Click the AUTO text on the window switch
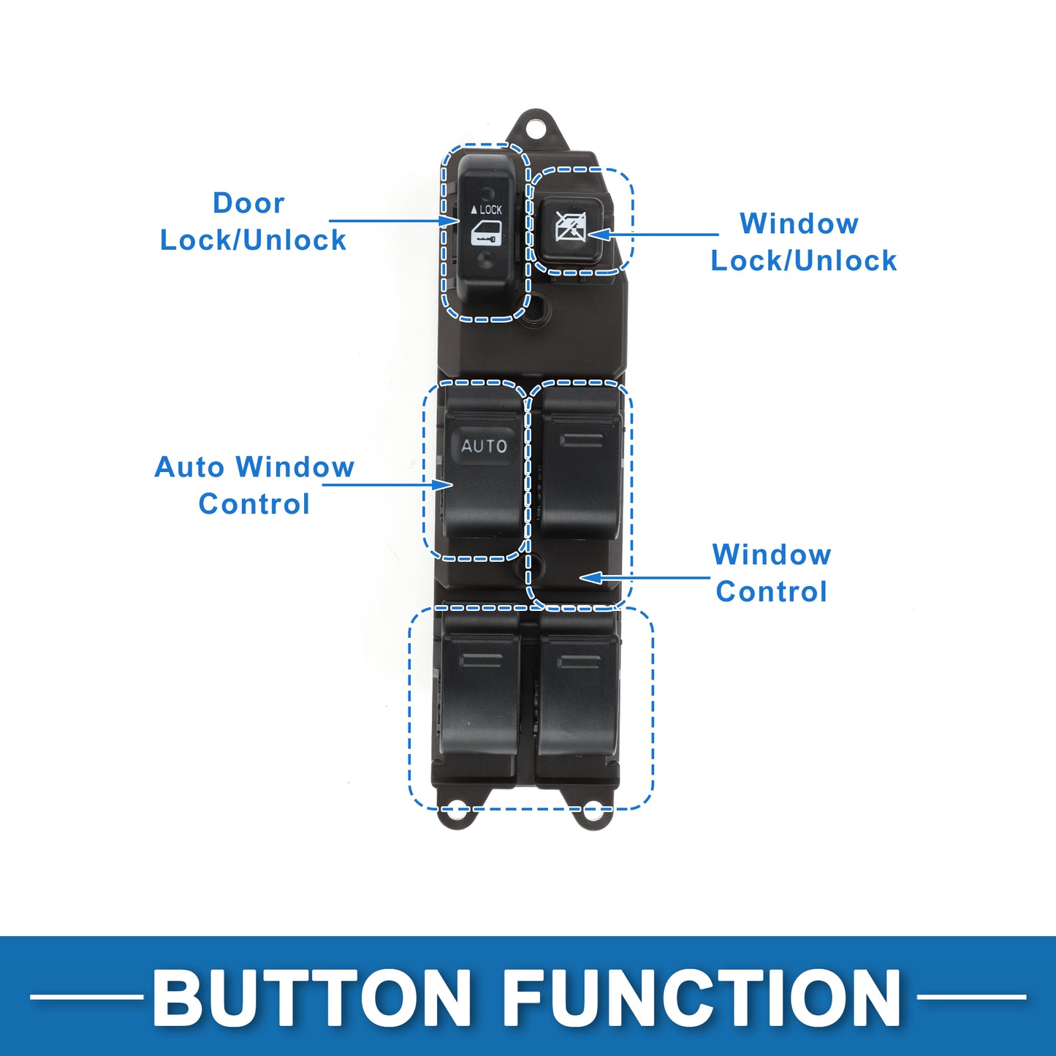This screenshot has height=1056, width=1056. coord(484,446)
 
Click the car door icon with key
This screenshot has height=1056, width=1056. coord(485,234)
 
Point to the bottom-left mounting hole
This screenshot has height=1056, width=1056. coord(456,813)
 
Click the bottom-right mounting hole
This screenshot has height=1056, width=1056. coord(593,813)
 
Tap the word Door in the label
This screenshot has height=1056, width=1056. coord(248,203)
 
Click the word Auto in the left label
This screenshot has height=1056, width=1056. coord(189,468)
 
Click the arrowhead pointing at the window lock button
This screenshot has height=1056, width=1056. coord(597,235)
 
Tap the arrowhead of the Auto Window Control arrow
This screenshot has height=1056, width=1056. coord(443,485)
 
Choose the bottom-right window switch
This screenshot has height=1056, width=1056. coord(579,699)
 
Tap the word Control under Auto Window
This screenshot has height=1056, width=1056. coord(254,504)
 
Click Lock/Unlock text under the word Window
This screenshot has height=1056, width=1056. coord(804,261)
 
